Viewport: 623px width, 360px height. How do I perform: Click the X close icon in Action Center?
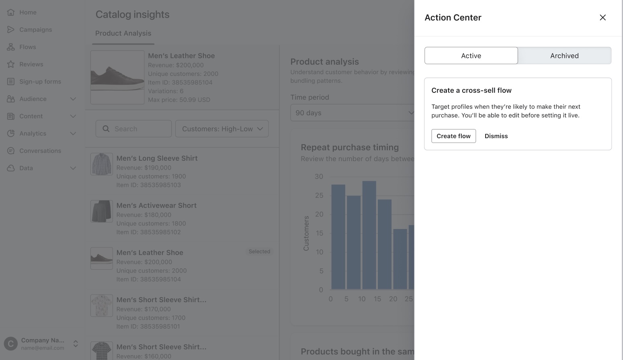(x=603, y=17)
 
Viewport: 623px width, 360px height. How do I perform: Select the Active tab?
(x=471, y=56)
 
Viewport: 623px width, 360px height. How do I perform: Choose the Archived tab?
(x=564, y=56)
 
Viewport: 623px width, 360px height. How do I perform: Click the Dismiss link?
(x=496, y=136)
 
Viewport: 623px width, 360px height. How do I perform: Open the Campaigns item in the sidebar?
(x=35, y=30)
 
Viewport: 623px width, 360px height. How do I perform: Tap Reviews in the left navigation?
(x=31, y=64)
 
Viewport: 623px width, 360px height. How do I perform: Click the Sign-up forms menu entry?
(x=40, y=82)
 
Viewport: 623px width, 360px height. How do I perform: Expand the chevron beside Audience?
(x=73, y=99)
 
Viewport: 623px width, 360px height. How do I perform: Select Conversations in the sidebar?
(x=40, y=151)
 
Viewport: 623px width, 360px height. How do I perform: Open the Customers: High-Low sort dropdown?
(x=222, y=129)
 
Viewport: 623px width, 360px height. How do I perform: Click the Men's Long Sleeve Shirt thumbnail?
(x=101, y=164)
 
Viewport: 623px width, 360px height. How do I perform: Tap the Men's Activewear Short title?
(x=156, y=205)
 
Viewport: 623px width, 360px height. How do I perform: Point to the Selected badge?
(x=259, y=252)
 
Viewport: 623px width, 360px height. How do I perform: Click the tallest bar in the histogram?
(x=369, y=235)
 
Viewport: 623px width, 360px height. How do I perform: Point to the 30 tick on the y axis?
(x=319, y=176)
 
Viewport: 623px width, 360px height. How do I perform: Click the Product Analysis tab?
(x=123, y=33)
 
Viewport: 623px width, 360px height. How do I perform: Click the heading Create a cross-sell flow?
(x=471, y=90)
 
